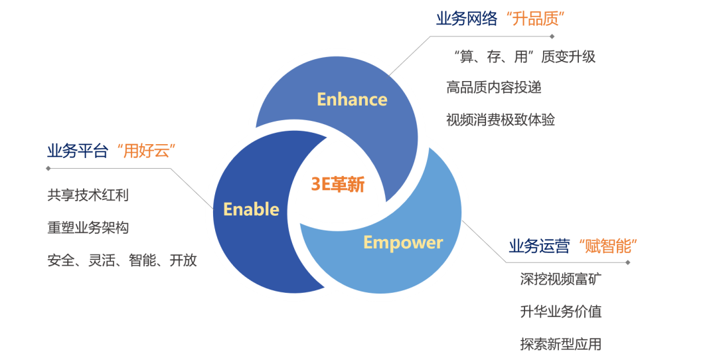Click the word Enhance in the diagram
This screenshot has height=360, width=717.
tap(352, 100)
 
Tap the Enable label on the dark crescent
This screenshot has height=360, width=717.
tap(251, 209)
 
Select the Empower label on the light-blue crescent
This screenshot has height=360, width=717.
tap(403, 242)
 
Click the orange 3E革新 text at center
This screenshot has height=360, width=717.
tap(338, 185)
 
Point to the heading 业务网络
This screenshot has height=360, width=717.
tap(466, 19)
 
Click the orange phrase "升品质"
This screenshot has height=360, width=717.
tap(534, 19)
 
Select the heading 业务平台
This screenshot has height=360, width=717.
tap(77, 151)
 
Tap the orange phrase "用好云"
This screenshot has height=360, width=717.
tap(144, 151)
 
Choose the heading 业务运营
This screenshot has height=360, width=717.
tap(539, 246)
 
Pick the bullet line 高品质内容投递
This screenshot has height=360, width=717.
tap(489, 88)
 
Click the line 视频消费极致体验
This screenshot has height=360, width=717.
tap(501, 120)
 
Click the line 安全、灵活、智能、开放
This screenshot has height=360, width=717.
tap(122, 260)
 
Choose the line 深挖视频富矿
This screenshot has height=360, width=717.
tap(561, 280)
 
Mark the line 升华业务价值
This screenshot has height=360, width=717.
tap(561, 312)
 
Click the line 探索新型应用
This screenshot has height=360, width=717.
tap(561, 344)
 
